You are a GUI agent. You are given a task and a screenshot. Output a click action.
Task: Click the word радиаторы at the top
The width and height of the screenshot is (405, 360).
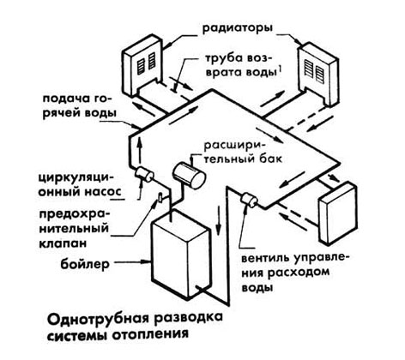237,29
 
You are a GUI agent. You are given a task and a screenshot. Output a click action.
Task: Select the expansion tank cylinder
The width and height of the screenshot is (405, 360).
189,175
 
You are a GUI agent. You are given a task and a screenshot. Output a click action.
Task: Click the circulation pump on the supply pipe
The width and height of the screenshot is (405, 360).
144,174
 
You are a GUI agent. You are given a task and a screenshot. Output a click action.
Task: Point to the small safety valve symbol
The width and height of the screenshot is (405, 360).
161,197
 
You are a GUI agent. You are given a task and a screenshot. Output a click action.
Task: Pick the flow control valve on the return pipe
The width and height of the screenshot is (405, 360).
250,200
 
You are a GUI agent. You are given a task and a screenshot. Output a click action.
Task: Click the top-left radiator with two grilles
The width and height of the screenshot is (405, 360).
142,67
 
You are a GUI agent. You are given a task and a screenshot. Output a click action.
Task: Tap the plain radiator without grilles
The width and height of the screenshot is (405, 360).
338,213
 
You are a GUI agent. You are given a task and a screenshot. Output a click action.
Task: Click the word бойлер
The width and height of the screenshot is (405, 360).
85,264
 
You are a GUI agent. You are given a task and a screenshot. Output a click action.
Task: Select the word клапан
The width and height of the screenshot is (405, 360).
62,243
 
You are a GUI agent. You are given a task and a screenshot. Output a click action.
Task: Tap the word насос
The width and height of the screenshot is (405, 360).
98,191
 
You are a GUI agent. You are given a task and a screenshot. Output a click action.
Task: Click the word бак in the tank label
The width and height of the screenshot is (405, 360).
271,158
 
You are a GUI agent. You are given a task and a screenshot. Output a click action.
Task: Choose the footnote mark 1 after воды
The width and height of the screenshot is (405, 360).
278,69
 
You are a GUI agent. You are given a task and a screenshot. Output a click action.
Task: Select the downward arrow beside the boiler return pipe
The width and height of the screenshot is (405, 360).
218,220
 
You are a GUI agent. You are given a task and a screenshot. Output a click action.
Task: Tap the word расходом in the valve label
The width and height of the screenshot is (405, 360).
299,273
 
